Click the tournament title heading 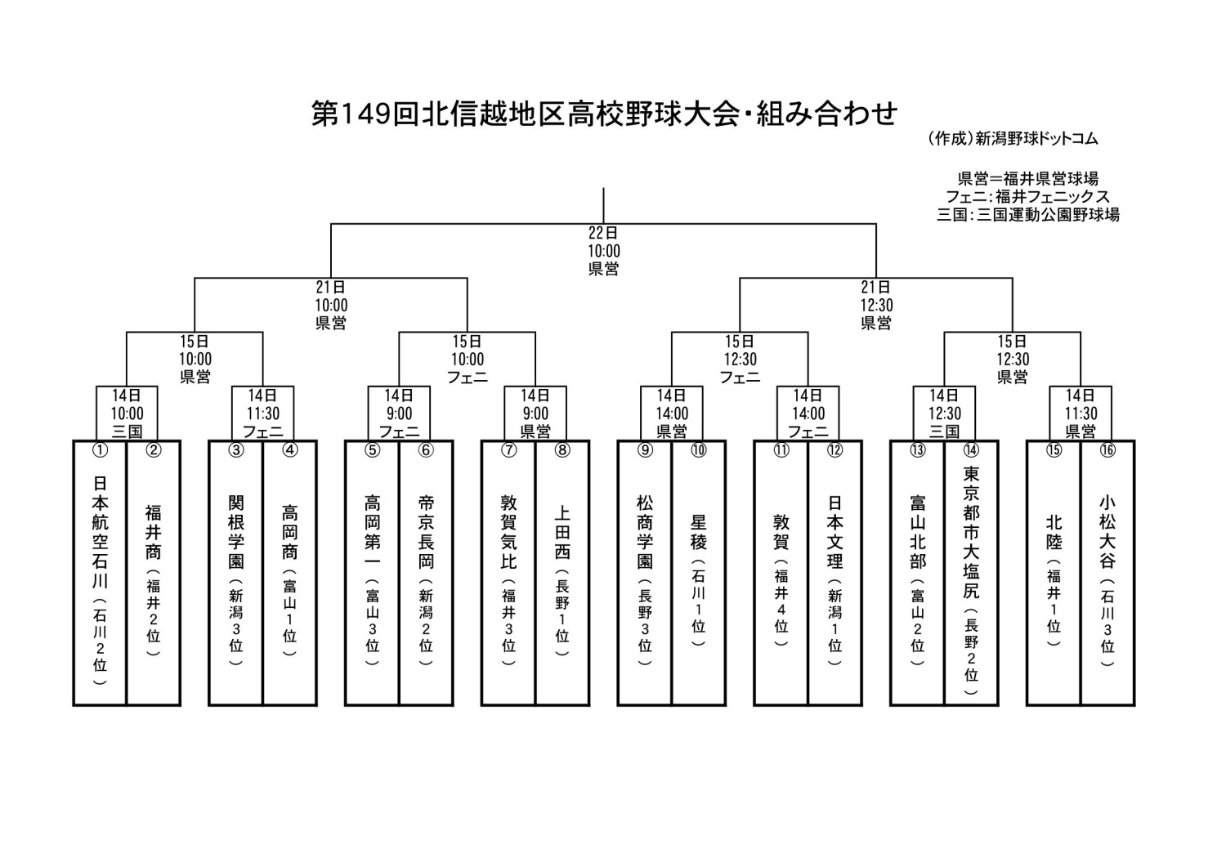coord(604,114)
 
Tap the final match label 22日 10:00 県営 coord(604,251)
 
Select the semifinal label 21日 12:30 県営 coord(876,305)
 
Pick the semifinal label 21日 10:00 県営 coord(331,305)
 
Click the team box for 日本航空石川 coord(100,573)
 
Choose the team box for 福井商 coord(154,573)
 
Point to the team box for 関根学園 coord(236,573)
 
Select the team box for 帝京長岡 coord(426,573)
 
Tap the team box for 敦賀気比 coord(508,573)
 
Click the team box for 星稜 coord(698,573)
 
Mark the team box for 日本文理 coord(834,573)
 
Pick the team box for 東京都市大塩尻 coord(971,573)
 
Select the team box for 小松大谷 coord(1107,573)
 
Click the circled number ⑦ coord(509,450)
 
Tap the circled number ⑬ coord(917,450)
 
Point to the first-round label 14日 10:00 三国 coord(127,413)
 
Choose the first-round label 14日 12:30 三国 coord(944,413)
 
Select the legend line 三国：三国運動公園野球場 coord(1028,214)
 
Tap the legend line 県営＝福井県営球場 coord(1028,178)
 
